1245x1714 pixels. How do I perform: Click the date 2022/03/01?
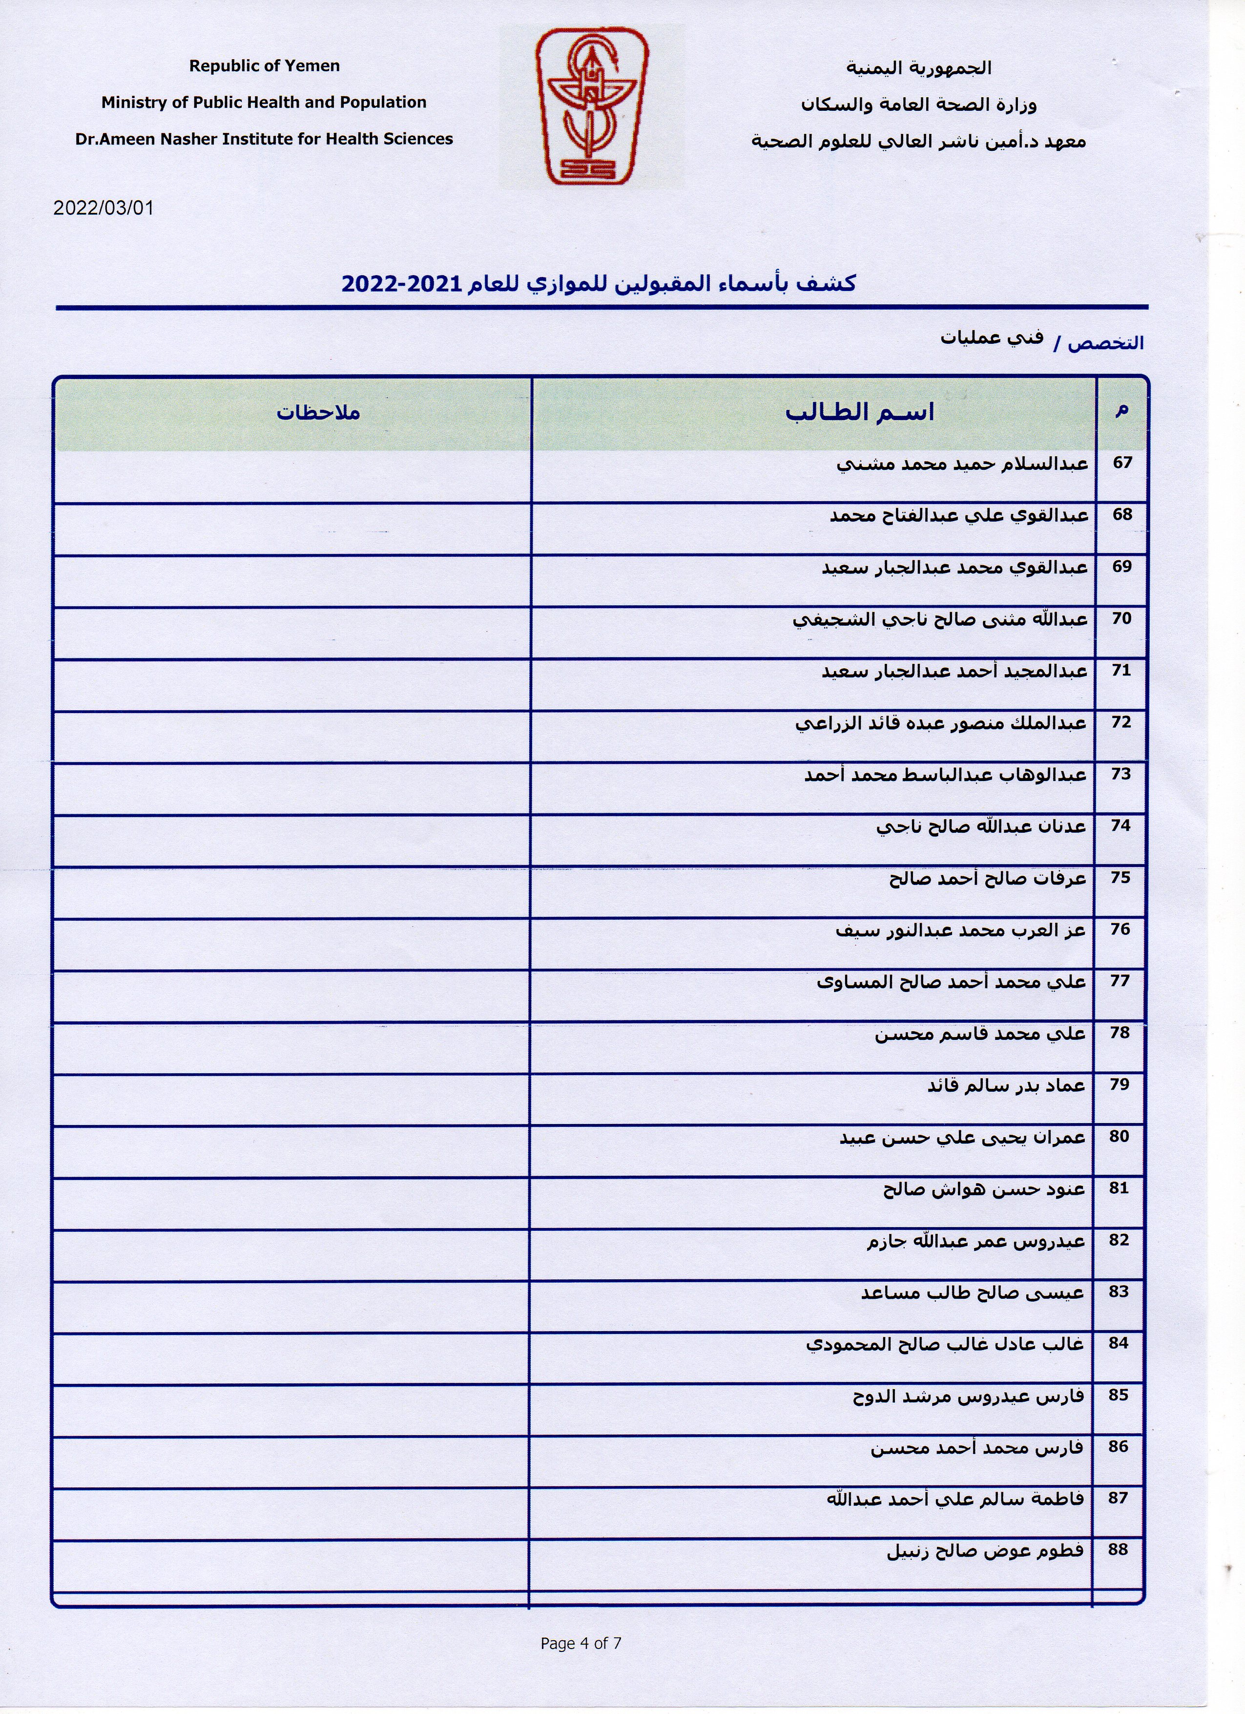104,208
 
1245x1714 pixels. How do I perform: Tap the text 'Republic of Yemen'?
265,66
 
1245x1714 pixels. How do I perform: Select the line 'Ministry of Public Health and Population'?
264,102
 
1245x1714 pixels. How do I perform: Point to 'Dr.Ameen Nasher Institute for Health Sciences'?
264,139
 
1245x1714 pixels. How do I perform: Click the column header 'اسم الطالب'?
860,413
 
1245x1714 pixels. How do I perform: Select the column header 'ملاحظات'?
317,413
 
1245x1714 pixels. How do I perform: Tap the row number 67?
1122,463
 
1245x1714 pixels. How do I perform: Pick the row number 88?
1118,1549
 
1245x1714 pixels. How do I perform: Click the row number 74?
1120,825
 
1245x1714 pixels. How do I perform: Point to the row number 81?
1119,1187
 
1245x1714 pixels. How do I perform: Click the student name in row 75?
987,878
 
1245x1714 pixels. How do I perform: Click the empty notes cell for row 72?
292,736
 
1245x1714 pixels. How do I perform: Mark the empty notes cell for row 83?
292,1306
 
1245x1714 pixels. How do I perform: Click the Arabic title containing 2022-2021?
598,283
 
